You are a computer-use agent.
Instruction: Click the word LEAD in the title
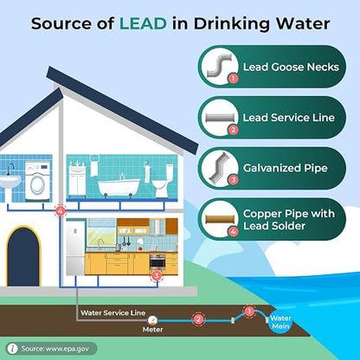point(143,23)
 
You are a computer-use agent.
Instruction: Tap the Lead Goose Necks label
point(291,67)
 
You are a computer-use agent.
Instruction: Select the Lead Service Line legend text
point(288,118)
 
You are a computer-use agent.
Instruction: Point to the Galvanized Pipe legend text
point(286,168)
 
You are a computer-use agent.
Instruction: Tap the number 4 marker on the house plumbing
point(61,211)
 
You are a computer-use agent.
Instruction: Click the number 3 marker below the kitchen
point(157,276)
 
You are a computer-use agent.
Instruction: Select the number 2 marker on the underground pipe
point(198,319)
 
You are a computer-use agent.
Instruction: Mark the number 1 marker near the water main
point(249,312)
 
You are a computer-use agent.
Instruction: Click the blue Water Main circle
point(281,323)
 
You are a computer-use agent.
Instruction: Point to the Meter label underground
point(153,330)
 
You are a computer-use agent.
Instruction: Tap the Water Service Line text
point(113,313)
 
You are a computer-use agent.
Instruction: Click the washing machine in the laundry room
point(37,181)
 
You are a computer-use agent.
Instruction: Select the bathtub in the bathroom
point(119,187)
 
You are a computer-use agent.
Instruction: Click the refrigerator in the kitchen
point(75,247)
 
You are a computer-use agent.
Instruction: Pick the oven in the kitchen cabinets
point(157,261)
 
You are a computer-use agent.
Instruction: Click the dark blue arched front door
point(23,257)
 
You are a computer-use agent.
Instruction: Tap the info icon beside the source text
point(12,349)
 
